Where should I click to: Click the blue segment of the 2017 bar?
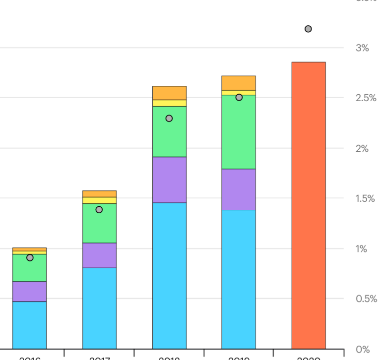pos(99,308)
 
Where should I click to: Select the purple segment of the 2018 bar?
pos(169,180)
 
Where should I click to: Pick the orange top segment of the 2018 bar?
pos(169,93)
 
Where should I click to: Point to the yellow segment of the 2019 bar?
pos(238,92)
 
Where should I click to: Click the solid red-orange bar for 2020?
pos(308,205)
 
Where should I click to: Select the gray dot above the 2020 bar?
pos(308,29)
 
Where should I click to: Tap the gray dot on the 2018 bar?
pos(169,119)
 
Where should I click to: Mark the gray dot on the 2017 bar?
pos(99,210)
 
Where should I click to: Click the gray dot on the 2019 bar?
pos(239,97)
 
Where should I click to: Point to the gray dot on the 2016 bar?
pos(30,258)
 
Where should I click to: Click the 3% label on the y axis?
pos(362,48)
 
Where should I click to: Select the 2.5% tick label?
pos(366,98)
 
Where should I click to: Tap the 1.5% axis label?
pos(366,198)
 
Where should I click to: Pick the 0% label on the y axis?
pos(362,349)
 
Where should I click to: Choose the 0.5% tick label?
pos(366,299)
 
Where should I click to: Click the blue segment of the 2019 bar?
pos(238,279)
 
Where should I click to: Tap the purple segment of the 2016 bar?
pos(29,292)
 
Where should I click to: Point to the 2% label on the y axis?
pos(362,148)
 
